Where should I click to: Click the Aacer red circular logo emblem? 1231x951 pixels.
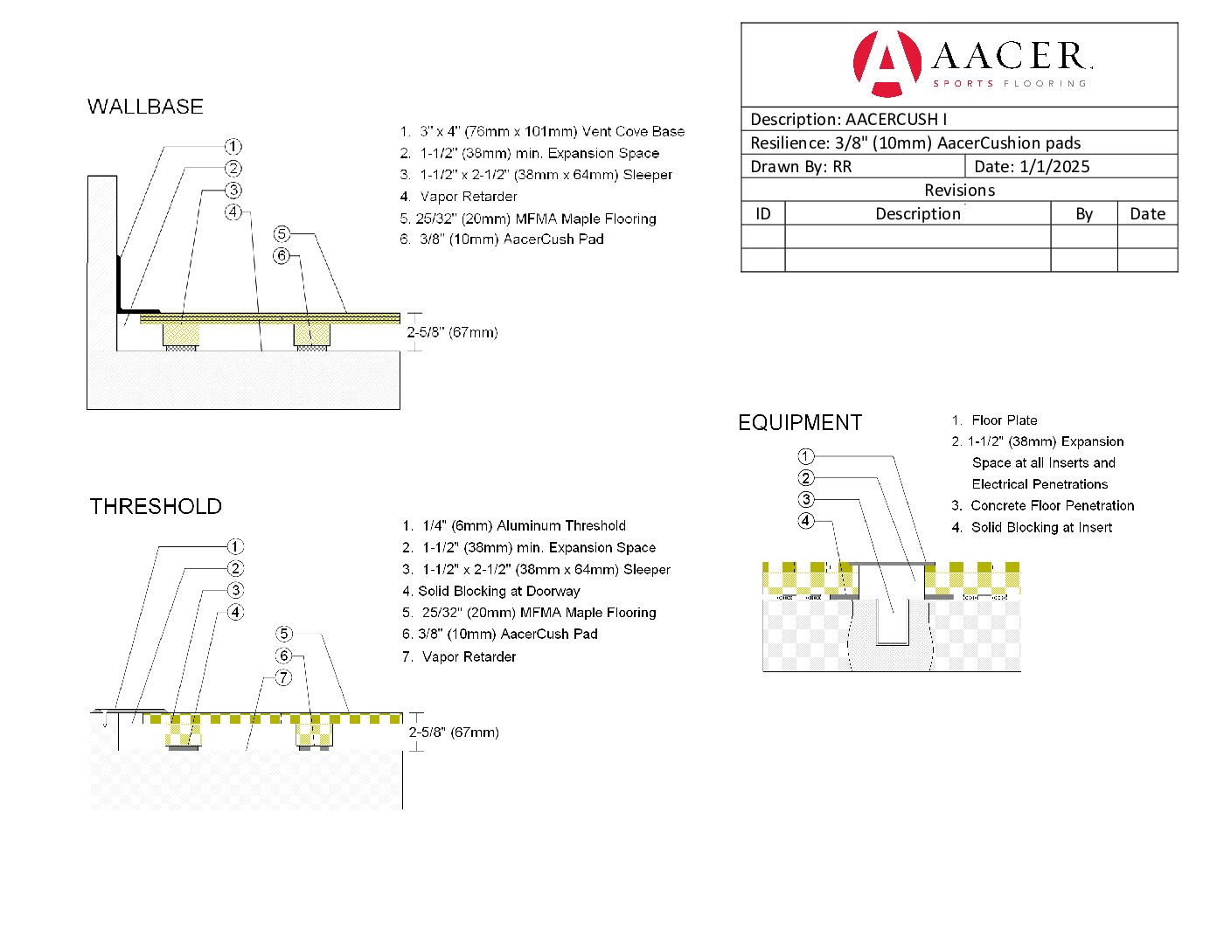point(887,63)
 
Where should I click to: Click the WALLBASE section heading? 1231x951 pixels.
point(145,107)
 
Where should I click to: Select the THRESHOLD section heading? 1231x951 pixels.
point(156,507)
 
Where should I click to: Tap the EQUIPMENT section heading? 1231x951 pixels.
point(800,423)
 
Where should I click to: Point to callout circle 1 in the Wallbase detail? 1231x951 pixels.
point(233,147)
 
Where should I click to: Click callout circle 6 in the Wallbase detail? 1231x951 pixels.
point(282,256)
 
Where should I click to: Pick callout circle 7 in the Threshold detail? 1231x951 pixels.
point(283,677)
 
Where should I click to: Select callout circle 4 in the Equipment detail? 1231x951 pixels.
point(806,521)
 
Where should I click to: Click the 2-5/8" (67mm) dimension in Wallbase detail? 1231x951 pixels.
point(452,333)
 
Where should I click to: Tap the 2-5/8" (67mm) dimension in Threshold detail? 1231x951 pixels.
point(454,732)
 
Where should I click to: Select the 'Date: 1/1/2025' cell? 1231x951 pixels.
point(1032,167)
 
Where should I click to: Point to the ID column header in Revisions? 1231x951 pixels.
point(763,214)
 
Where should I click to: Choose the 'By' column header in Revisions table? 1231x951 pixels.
point(1084,214)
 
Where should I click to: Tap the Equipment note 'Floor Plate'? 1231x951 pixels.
point(1004,420)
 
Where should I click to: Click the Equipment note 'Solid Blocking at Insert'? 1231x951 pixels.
point(1041,528)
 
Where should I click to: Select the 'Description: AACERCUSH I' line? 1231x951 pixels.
point(848,120)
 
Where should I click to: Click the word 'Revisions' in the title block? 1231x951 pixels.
point(959,191)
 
